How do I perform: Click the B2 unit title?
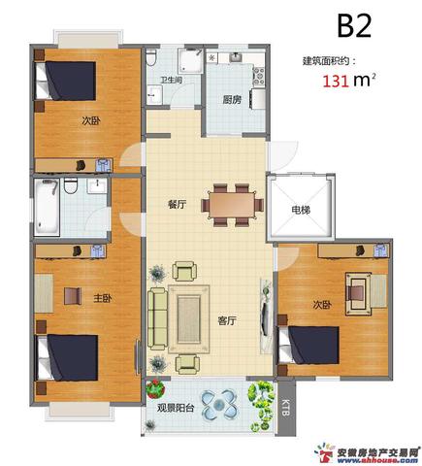click(354, 25)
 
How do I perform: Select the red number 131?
click(336, 81)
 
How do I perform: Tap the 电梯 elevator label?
click(301, 211)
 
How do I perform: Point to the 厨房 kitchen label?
click(232, 100)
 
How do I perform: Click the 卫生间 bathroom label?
click(171, 80)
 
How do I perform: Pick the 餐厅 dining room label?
click(177, 204)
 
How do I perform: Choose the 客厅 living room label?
click(227, 320)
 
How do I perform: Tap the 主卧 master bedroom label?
click(103, 298)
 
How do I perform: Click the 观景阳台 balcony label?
click(176, 408)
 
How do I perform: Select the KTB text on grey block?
click(285, 408)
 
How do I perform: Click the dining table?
click(232, 205)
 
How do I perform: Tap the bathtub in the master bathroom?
click(47, 207)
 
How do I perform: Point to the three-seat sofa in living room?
click(158, 319)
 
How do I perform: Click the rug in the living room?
click(189, 319)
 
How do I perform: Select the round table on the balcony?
click(218, 404)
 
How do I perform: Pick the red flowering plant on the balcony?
click(156, 388)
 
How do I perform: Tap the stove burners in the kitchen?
click(259, 76)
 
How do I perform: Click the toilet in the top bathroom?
click(150, 57)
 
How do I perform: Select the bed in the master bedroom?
click(67, 357)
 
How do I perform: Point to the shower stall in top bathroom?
click(190, 60)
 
